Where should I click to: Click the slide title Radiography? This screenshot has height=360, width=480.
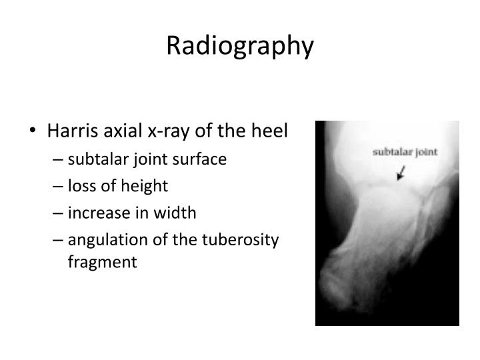pos(240,45)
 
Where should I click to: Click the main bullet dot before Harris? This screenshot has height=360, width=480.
pos(34,131)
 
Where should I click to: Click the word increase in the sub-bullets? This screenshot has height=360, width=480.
pos(95,213)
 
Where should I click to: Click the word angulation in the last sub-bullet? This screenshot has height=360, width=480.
pos(101,241)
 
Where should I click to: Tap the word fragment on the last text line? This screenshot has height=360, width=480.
pos(101,262)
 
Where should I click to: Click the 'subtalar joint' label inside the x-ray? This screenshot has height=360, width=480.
pos(405,151)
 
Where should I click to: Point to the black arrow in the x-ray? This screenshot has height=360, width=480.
pos(401,174)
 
